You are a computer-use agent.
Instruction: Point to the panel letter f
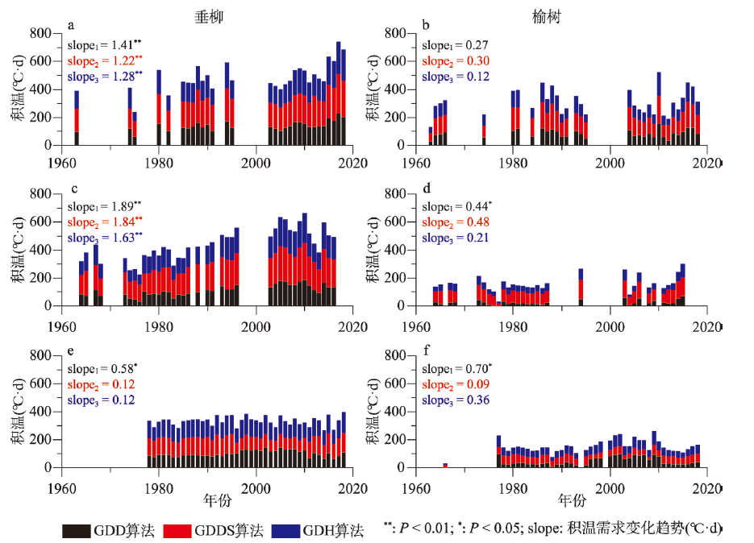425,351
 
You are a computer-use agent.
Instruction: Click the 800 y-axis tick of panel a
40,33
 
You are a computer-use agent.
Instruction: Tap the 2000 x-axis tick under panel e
256,486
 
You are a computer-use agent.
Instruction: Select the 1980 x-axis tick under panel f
513,486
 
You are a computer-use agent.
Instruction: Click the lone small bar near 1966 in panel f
444,465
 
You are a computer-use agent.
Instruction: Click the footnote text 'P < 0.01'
423,528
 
